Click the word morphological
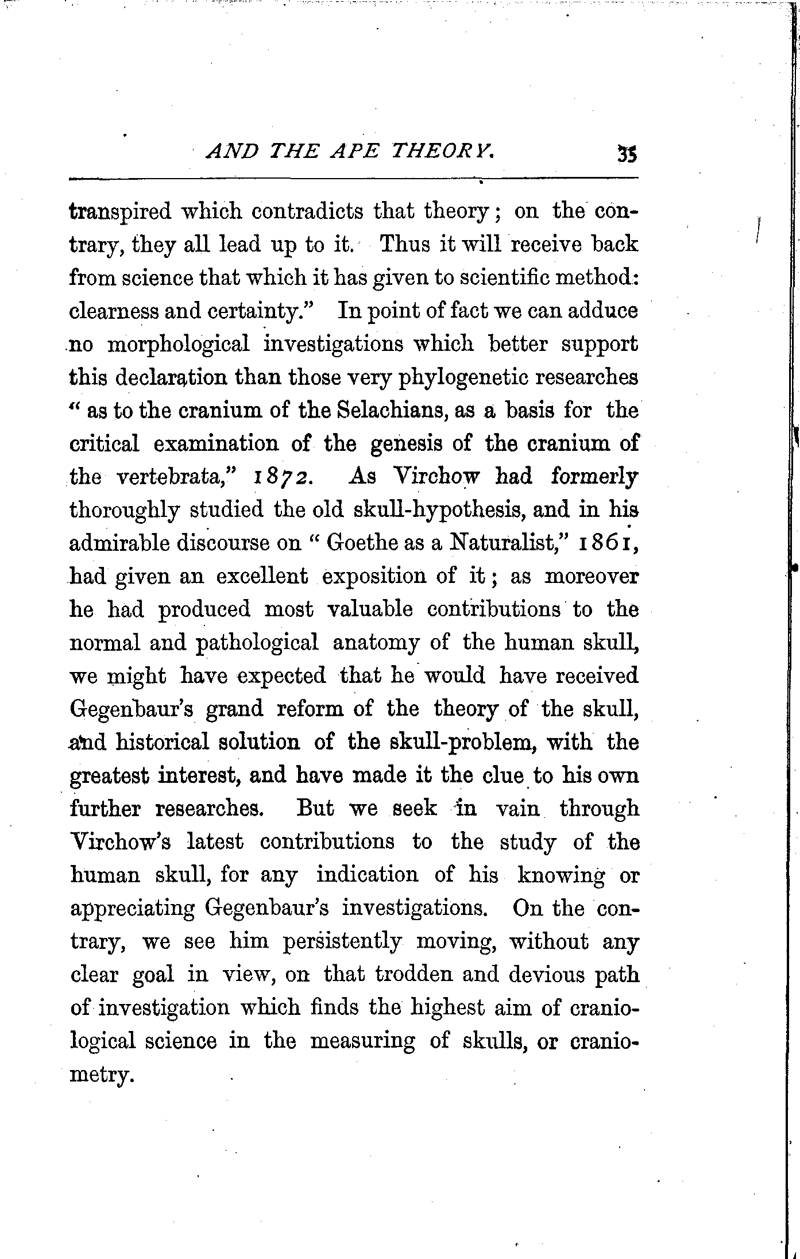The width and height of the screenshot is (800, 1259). (x=179, y=344)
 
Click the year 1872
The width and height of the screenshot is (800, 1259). (x=281, y=477)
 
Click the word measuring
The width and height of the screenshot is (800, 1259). (x=362, y=1041)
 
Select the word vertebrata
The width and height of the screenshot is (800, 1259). (x=176, y=477)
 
